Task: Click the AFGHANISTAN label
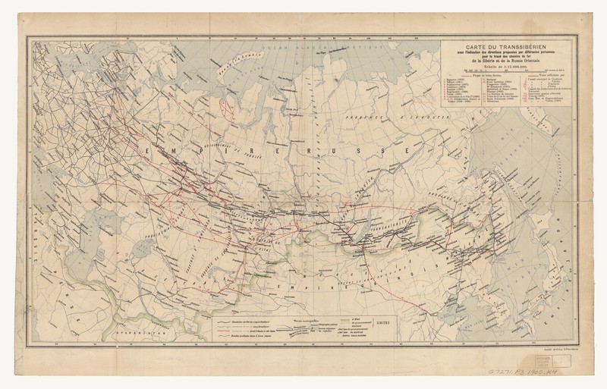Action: pos(125,334)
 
